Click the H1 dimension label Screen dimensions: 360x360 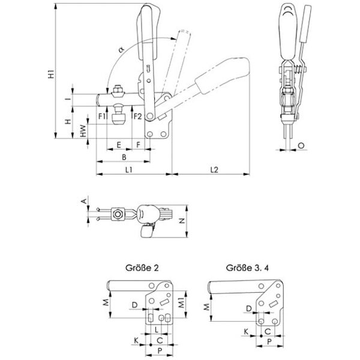tap(52, 74)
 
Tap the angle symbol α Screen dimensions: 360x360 tap(121, 49)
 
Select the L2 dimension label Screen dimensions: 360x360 tap(214, 170)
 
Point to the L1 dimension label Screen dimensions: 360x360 tap(129, 170)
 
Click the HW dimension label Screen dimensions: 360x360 tap(83, 131)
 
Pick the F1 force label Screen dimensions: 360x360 tap(102, 116)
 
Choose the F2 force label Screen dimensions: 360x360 tap(137, 116)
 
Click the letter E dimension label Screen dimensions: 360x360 tap(119, 145)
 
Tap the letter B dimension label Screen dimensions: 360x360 tap(124, 157)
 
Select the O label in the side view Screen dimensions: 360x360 tap(301, 145)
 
